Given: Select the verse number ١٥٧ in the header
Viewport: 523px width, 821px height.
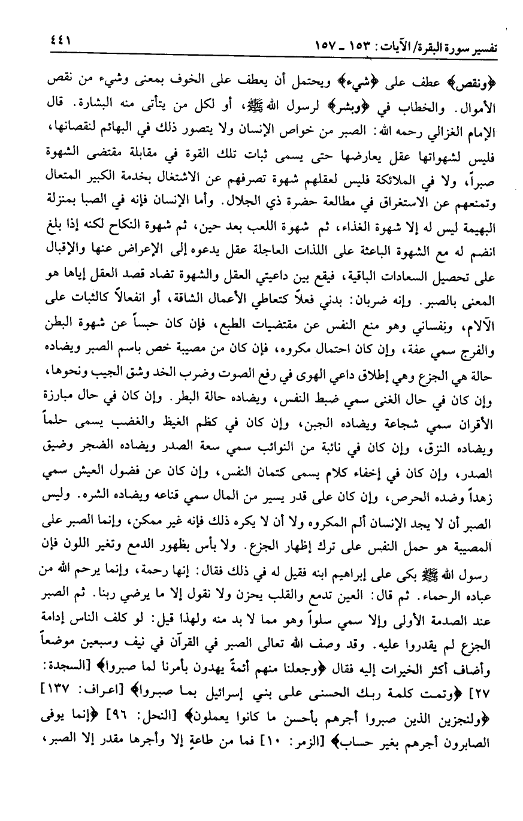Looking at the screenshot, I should click(x=328, y=46).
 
